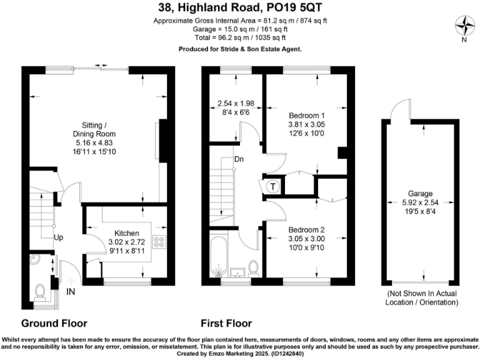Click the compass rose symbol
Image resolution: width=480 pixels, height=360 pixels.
(464, 27)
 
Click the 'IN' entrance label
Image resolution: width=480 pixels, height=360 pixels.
(72, 291)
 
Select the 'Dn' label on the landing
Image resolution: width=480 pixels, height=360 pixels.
(239, 159)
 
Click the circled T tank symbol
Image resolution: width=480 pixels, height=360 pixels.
(272, 186)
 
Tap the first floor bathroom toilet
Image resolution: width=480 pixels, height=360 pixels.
(254, 267)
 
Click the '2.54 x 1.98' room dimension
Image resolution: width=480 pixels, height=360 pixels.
(236, 102)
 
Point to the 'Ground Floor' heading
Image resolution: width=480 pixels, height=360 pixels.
(54, 323)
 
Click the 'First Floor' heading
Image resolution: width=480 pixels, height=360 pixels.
(226, 323)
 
